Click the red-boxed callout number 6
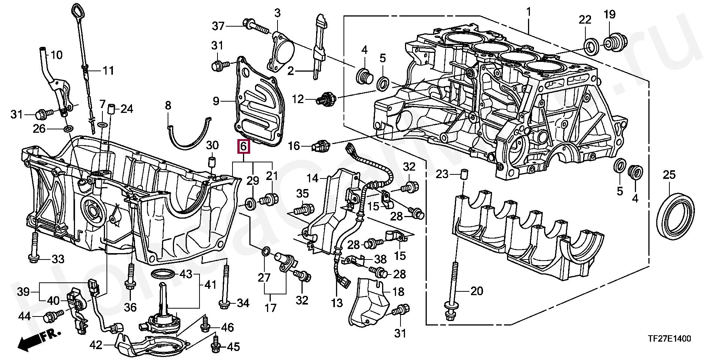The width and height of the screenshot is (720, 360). pyautogui.click(x=243, y=147)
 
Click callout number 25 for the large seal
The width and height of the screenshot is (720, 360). pyautogui.click(x=669, y=174)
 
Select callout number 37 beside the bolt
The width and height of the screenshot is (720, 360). pyautogui.click(x=218, y=26)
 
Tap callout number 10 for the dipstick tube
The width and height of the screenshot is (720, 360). pyautogui.click(x=56, y=55)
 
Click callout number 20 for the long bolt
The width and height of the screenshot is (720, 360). pyautogui.click(x=477, y=291)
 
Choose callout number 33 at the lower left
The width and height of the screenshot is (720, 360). pyautogui.click(x=58, y=259)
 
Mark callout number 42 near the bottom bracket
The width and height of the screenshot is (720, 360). pyautogui.click(x=96, y=345)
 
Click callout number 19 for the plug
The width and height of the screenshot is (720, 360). pyautogui.click(x=609, y=15)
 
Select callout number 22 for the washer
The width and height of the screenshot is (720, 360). pyautogui.click(x=585, y=19)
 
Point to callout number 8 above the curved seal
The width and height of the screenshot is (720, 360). pyautogui.click(x=168, y=105)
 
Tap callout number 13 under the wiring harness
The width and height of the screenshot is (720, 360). pyautogui.click(x=337, y=303)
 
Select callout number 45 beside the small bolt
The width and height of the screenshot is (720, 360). pyautogui.click(x=233, y=347)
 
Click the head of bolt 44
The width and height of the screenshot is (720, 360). pyautogui.click(x=50, y=317)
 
